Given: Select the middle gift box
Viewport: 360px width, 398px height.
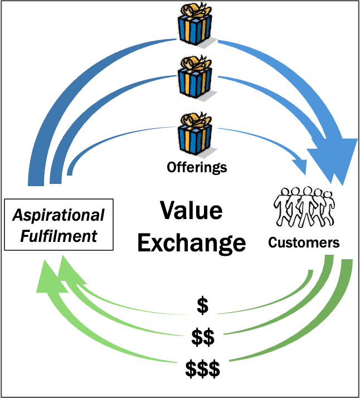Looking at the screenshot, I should (x=193, y=79).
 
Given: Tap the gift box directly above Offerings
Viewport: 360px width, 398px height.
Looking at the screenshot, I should (x=194, y=137).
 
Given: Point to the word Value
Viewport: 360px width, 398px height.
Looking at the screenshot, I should (x=191, y=211).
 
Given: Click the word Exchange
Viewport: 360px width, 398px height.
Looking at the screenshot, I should (x=191, y=242).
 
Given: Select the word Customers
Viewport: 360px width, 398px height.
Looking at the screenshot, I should (x=304, y=242).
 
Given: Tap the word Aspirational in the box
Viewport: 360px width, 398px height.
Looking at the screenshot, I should (x=59, y=215).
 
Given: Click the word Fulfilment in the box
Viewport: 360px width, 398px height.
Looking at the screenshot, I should (x=59, y=235).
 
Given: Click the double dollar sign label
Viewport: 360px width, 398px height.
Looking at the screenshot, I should (x=202, y=337).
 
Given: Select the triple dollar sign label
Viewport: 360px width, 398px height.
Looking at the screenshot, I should (x=202, y=368).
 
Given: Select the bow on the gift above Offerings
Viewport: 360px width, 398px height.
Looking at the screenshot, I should (x=193, y=119).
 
